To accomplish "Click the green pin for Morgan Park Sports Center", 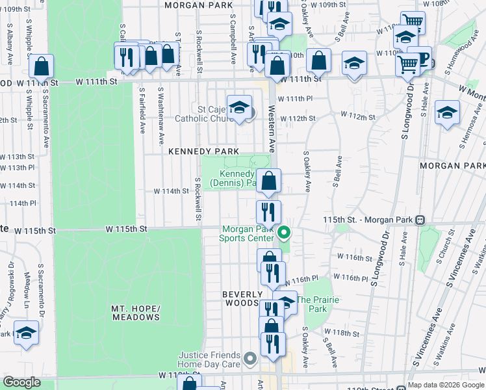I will click(283, 231).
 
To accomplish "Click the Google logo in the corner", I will click(23, 382).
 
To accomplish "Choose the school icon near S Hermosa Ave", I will click(447, 112).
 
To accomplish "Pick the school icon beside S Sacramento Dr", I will click(26, 333).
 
